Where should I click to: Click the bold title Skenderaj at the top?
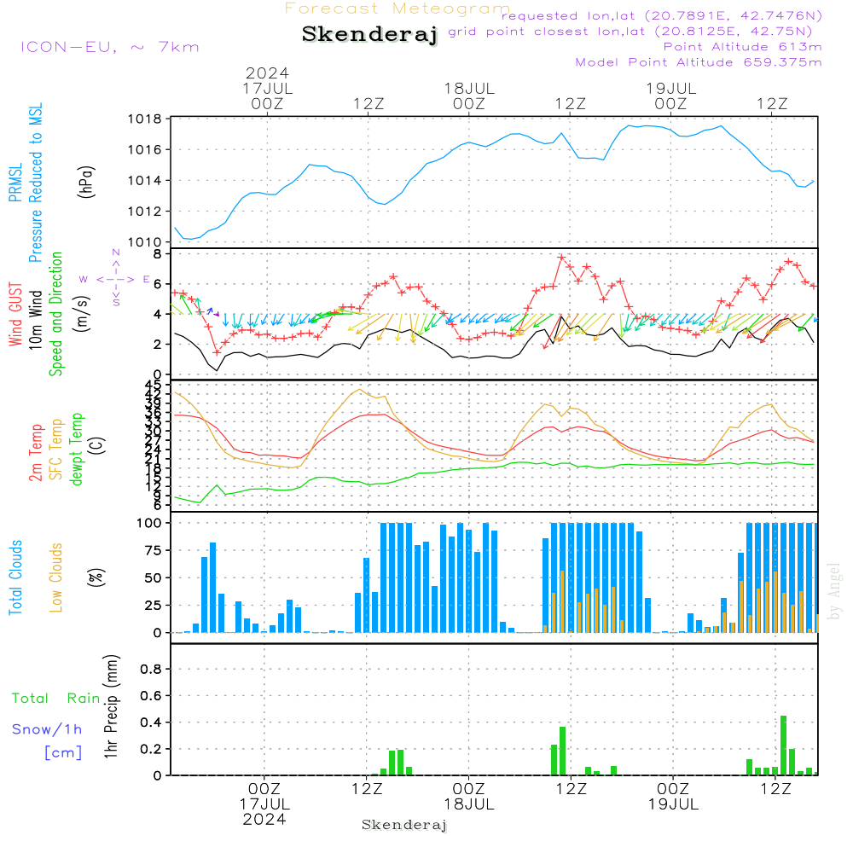(369, 35)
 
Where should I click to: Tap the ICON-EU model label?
(109, 47)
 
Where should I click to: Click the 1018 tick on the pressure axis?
(145, 119)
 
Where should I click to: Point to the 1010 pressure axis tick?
(145, 242)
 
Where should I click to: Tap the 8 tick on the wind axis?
(157, 254)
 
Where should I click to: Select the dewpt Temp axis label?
(77, 450)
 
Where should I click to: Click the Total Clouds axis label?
(16, 577)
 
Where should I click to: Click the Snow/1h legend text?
(48, 729)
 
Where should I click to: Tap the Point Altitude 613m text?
(742, 47)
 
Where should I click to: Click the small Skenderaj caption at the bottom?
(404, 825)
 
